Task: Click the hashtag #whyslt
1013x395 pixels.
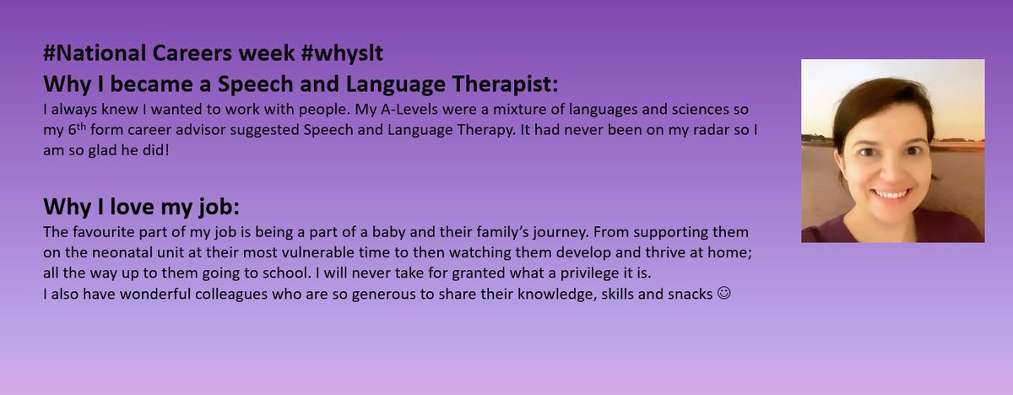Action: coord(349,55)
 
